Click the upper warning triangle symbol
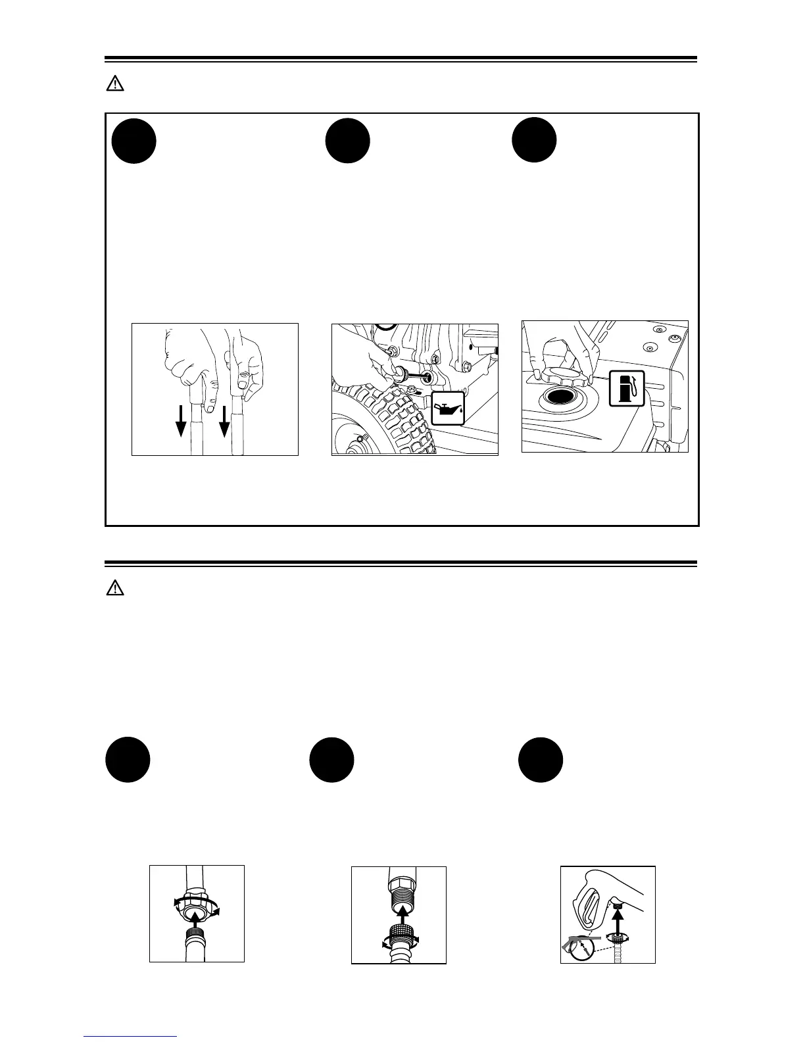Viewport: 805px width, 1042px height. click(x=115, y=84)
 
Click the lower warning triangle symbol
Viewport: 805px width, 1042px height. click(x=115, y=589)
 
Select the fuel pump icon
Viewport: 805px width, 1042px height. click(x=626, y=388)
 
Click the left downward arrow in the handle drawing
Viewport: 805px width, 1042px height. click(x=181, y=421)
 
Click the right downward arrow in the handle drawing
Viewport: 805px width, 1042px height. click(x=224, y=421)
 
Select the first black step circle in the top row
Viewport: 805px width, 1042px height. click(x=134, y=141)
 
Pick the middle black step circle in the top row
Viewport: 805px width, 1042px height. click(x=348, y=141)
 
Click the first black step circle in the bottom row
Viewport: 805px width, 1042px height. click(x=128, y=760)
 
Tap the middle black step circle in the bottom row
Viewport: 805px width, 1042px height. click(x=331, y=760)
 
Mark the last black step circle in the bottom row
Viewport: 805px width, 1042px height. click(x=540, y=760)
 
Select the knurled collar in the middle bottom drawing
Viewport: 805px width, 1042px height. click(x=399, y=935)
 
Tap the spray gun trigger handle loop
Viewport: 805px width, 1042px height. click(x=590, y=903)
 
